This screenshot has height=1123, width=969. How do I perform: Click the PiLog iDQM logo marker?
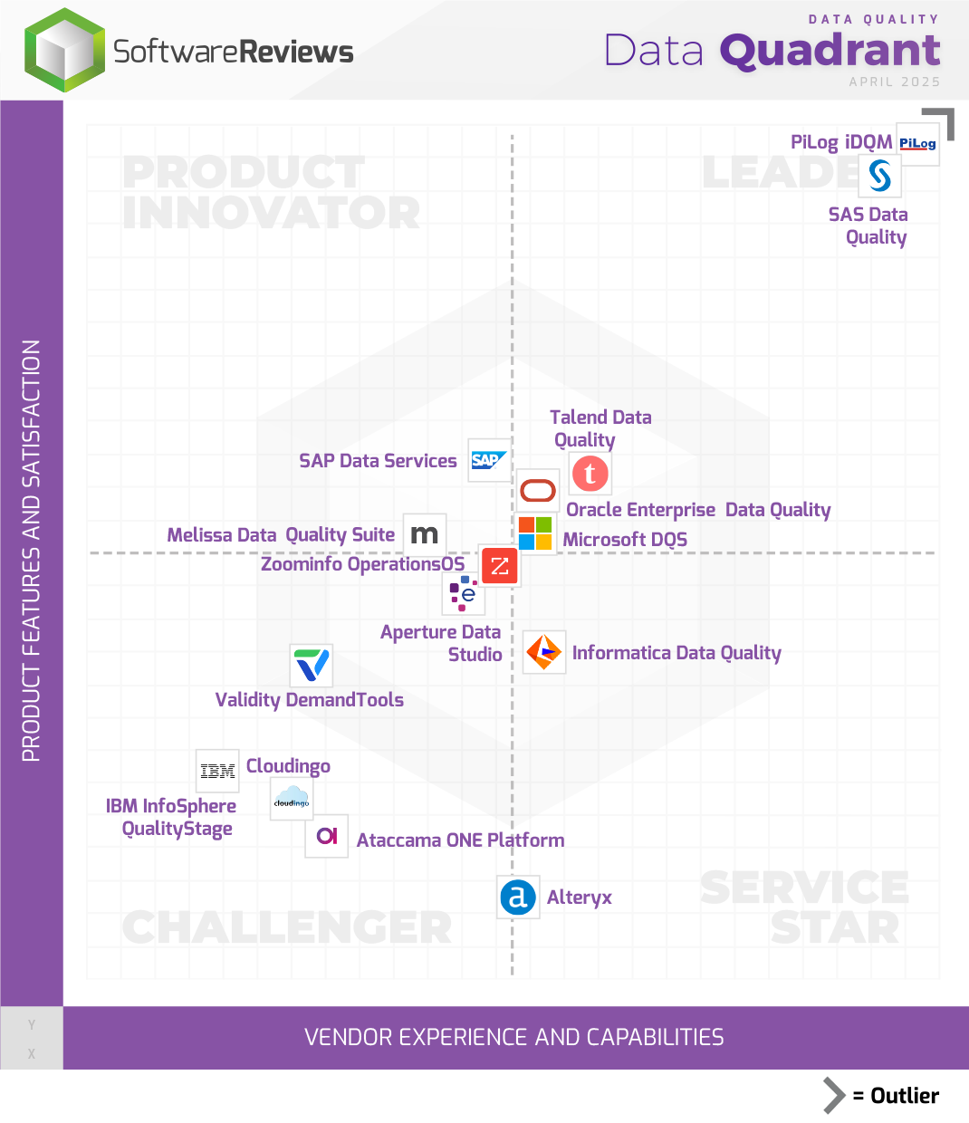(x=917, y=144)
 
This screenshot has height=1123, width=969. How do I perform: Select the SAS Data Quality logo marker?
(x=879, y=176)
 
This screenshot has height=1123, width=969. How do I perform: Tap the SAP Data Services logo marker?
(x=489, y=460)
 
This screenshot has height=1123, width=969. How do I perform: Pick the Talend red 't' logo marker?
(x=590, y=473)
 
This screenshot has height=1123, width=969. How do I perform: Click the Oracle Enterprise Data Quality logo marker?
(x=538, y=491)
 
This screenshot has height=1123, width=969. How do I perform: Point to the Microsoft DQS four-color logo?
(x=535, y=533)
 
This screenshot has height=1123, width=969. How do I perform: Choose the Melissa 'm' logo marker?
(x=424, y=534)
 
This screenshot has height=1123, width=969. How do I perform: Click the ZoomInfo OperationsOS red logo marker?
(x=499, y=567)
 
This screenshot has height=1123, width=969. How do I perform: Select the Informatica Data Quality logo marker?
(x=544, y=652)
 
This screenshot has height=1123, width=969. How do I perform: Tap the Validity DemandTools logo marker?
(x=312, y=666)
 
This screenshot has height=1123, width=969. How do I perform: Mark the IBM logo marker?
(x=217, y=771)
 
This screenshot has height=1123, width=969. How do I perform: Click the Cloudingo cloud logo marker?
(x=292, y=799)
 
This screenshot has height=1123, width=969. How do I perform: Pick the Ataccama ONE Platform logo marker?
(x=327, y=835)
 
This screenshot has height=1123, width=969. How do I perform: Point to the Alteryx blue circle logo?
(x=518, y=897)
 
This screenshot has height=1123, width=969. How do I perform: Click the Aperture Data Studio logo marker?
(x=464, y=593)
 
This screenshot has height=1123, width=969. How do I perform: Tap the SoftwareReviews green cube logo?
(x=64, y=51)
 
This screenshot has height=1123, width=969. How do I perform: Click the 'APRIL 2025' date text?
(x=894, y=82)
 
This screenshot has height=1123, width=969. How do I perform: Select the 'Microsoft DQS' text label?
(x=625, y=540)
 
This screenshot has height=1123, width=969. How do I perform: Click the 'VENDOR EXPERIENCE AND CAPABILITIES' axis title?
(x=514, y=1037)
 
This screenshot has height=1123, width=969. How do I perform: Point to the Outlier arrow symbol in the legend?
(x=834, y=1095)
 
